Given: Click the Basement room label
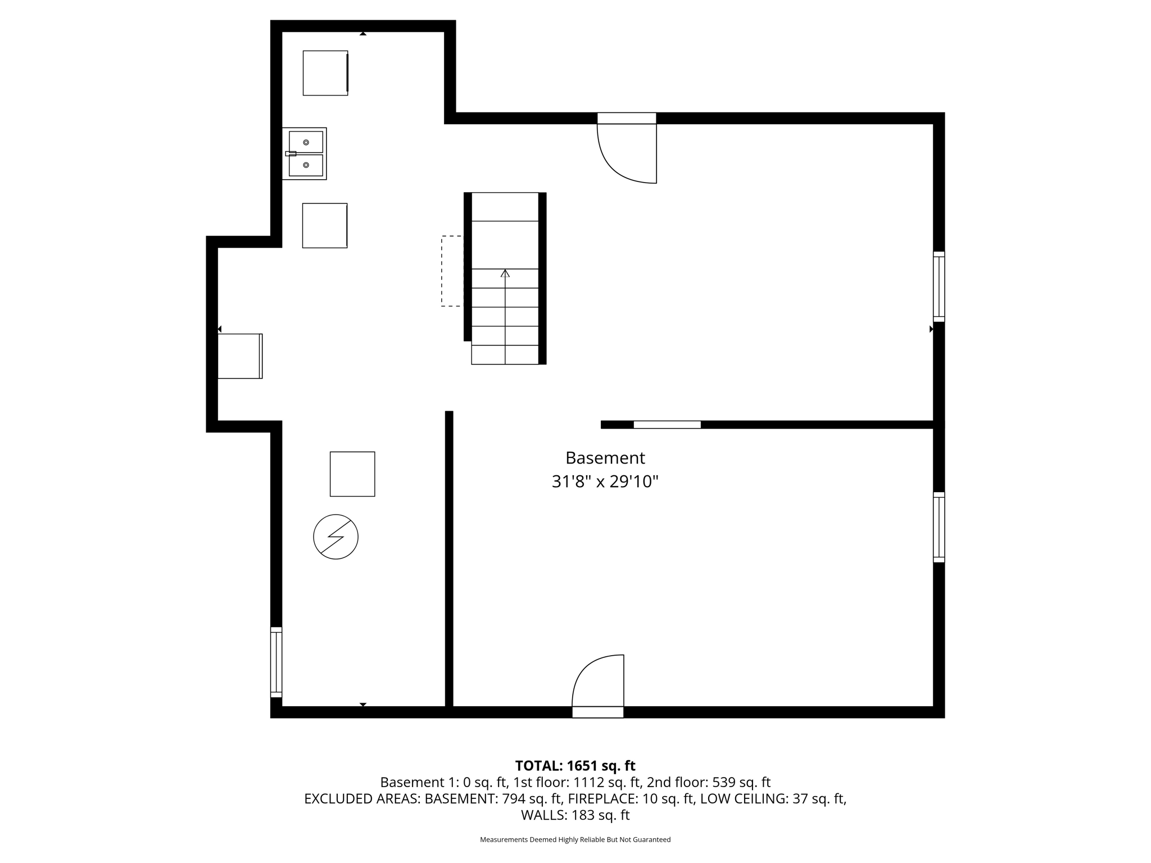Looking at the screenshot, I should (x=605, y=458).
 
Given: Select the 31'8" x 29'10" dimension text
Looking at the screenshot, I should (x=605, y=482).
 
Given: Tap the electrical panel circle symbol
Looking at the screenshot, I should (x=336, y=537).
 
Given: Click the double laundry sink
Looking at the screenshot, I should (x=305, y=153).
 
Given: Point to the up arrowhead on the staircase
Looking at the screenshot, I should (x=505, y=274).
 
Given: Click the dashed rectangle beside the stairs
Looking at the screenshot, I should (x=452, y=271).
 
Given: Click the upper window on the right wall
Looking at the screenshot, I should (x=939, y=287).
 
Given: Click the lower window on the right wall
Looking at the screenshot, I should (x=939, y=527).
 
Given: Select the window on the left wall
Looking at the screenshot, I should (x=276, y=662).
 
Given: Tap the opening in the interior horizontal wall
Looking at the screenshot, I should (x=667, y=425).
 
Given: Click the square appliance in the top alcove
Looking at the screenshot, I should (x=325, y=73).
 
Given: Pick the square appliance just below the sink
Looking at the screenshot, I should (x=325, y=225).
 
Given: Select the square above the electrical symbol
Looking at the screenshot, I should (x=352, y=474).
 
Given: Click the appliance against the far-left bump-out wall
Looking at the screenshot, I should (x=240, y=356).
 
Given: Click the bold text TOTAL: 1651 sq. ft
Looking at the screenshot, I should (x=575, y=765).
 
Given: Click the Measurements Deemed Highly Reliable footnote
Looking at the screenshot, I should (x=575, y=839).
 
